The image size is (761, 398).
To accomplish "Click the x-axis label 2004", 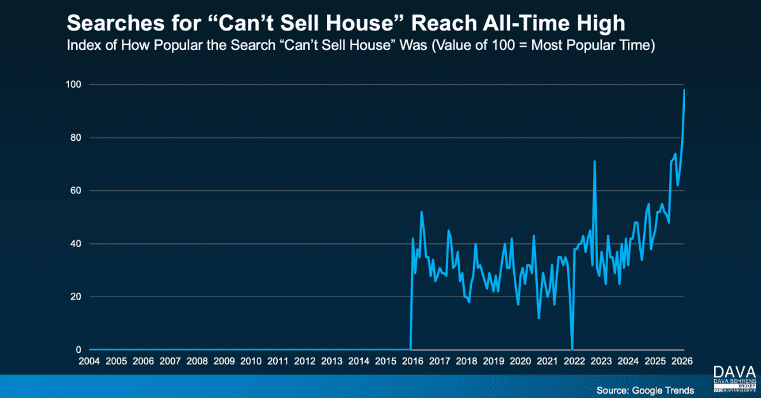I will [x=89, y=361].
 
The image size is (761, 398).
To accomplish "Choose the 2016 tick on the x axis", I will [x=413, y=361].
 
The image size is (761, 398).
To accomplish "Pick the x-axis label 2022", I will [x=575, y=361].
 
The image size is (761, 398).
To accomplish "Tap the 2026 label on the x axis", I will [x=682, y=361].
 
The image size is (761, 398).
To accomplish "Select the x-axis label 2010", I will [x=251, y=361].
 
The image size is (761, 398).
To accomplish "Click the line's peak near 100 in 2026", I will [x=684, y=90].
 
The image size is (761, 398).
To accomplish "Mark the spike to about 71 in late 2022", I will [x=594, y=162].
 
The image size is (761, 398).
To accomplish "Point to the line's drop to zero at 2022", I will [x=572, y=349].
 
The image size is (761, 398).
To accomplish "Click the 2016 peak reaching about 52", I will [x=421, y=212].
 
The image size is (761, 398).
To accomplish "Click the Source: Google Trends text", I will [x=645, y=389].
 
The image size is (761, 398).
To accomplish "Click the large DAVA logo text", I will [x=734, y=372].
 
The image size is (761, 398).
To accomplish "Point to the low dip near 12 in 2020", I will [x=539, y=318].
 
